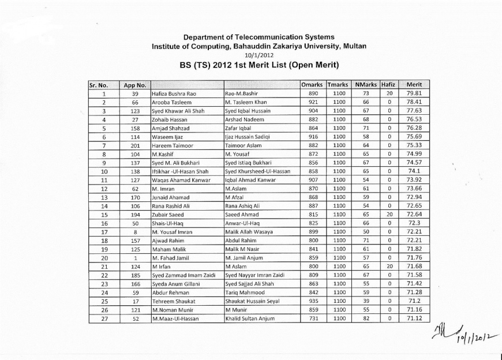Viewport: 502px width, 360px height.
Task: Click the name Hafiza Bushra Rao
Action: (x=174, y=93)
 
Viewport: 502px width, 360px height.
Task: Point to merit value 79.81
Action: (x=415, y=93)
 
